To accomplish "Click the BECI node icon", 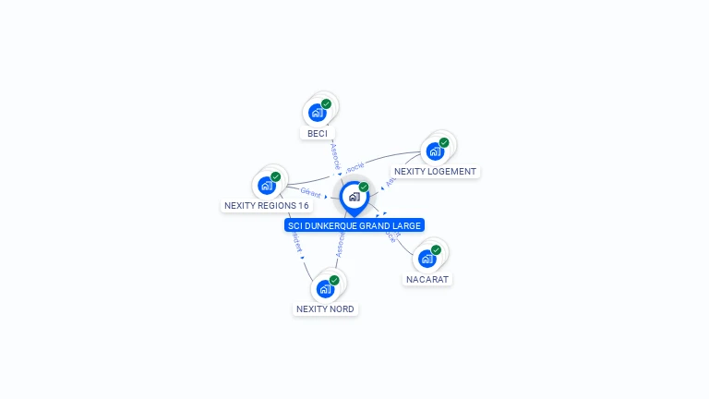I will (x=318, y=113).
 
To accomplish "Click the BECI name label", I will (x=318, y=133).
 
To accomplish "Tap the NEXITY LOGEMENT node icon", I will (x=435, y=151).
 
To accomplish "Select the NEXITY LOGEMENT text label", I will (x=435, y=171).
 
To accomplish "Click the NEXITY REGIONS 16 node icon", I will (x=267, y=185).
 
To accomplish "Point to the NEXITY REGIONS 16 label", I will (x=267, y=205).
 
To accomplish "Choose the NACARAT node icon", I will (x=427, y=259).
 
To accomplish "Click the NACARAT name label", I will (x=428, y=279).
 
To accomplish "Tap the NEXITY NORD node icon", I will (x=325, y=288).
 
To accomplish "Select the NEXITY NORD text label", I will (x=325, y=308).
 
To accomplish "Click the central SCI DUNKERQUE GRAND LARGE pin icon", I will (x=354, y=197).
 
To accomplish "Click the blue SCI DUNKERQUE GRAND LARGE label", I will (x=354, y=225).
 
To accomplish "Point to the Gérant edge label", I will (x=310, y=194).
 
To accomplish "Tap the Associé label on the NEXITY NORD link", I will (x=340, y=245).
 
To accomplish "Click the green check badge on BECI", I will (x=326, y=103).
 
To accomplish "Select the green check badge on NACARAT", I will (x=436, y=249).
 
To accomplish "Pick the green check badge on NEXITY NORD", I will (x=334, y=280).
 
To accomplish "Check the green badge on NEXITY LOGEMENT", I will (x=444, y=142).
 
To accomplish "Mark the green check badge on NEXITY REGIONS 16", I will (x=275, y=176).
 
